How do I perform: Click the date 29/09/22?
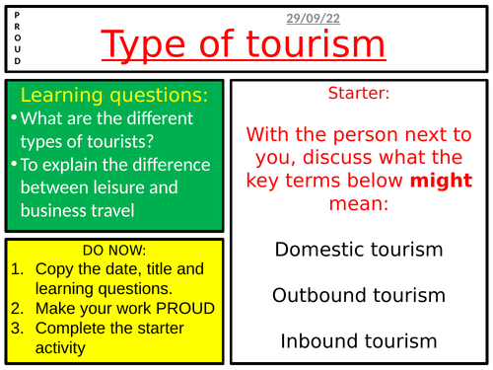tap(313, 19)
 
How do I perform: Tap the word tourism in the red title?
tap(316, 43)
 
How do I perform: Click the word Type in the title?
tap(143, 44)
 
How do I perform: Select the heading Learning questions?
tap(114, 95)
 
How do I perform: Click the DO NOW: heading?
tap(114, 251)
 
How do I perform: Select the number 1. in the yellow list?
tap(18, 269)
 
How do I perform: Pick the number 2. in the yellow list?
tap(18, 309)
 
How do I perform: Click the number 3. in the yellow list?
tap(18, 329)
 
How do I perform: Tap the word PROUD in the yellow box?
tap(185, 309)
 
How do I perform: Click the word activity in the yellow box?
tap(60, 348)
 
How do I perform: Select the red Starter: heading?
tap(359, 93)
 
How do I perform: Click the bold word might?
tap(441, 181)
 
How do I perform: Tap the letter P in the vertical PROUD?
tap(17, 15)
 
